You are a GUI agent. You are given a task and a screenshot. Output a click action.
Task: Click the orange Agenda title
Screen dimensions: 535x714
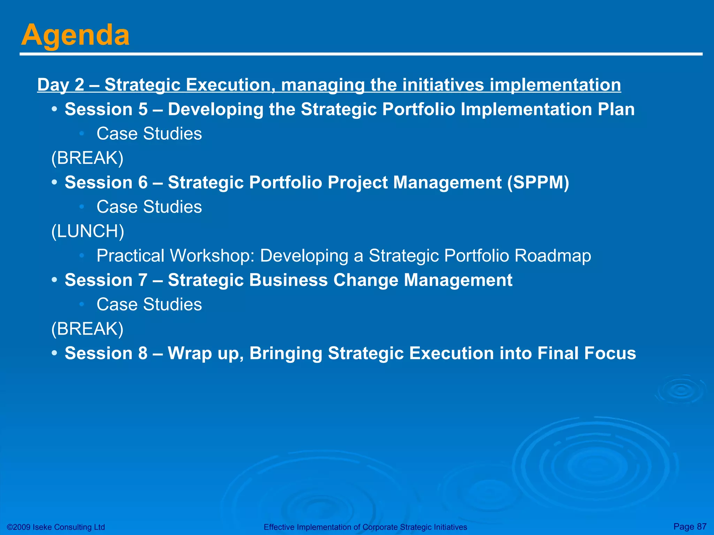[75, 35]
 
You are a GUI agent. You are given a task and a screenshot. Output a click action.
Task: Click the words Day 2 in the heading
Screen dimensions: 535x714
[61, 85]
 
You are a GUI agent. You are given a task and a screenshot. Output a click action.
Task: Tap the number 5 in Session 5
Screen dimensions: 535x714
[143, 109]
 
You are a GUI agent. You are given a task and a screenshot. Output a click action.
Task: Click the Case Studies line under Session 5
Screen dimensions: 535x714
[149, 134]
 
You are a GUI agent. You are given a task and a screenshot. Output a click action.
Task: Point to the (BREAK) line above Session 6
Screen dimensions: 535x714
[87, 158]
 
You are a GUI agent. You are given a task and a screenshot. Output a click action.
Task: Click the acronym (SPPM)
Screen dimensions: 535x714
[538, 182]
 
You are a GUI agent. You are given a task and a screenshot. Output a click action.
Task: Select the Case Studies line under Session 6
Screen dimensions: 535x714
[149, 207]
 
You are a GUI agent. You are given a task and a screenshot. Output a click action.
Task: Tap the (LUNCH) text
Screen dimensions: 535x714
[88, 231]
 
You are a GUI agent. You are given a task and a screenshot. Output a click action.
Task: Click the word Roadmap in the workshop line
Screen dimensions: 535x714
[553, 256]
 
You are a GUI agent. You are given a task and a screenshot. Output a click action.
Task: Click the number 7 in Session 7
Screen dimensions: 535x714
[143, 280]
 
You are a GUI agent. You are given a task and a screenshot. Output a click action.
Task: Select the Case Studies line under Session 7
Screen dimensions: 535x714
[149, 304]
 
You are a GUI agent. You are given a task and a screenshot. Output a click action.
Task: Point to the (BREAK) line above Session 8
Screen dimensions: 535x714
[87, 329]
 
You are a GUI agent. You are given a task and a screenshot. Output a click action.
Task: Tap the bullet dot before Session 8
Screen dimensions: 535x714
[54, 353]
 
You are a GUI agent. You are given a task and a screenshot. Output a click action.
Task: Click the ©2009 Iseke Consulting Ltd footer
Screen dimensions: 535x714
[56, 527]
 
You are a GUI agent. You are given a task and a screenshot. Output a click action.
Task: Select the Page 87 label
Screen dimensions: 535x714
[690, 526]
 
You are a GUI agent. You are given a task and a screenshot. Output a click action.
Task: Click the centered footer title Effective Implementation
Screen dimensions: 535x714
[365, 527]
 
